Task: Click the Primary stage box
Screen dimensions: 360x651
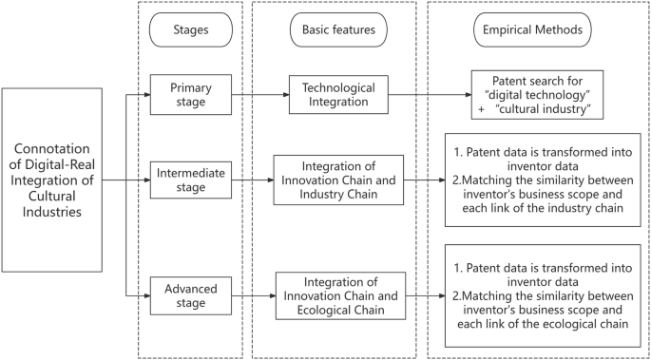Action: [x=190, y=96]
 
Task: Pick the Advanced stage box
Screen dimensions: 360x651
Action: [x=190, y=294]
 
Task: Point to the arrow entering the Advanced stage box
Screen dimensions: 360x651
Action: [x=138, y=294]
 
